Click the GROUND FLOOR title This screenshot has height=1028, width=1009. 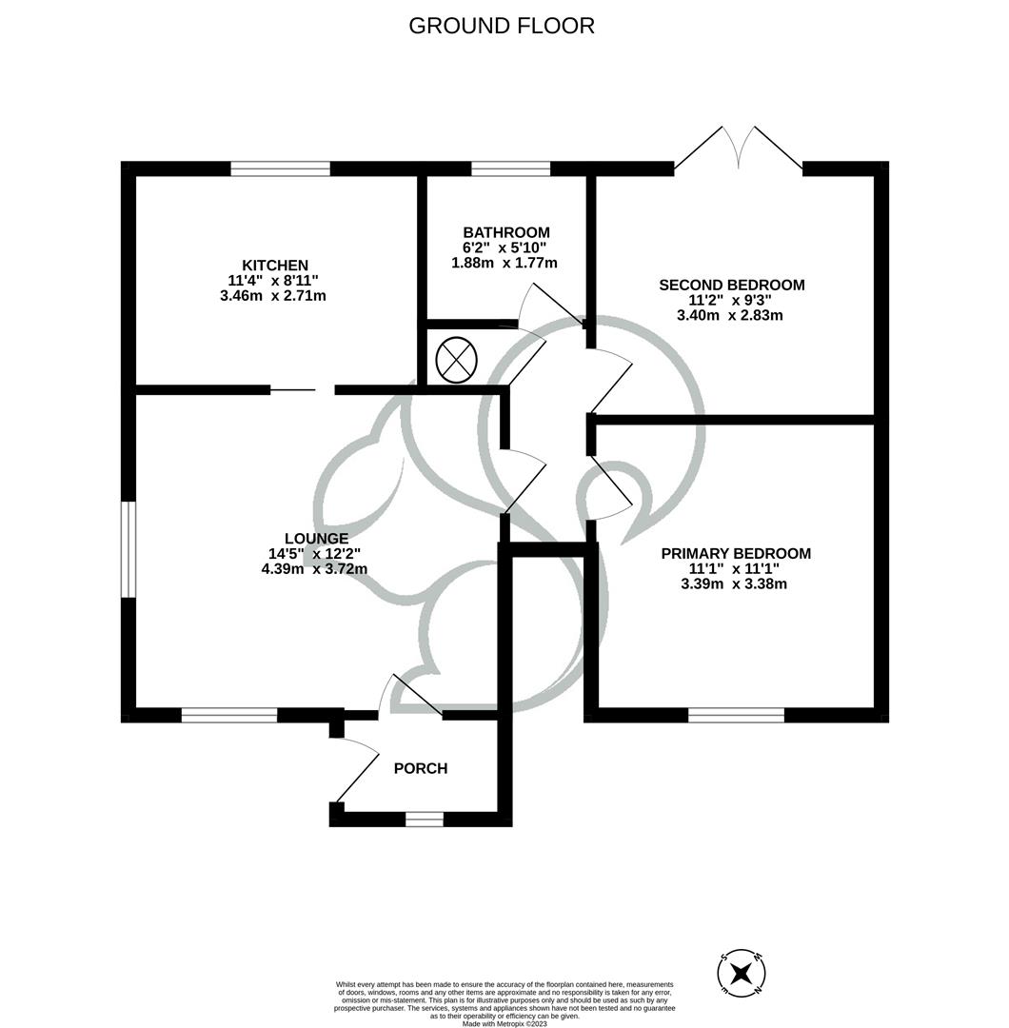coord(502,26)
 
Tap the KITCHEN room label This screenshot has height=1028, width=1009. coord(274,265)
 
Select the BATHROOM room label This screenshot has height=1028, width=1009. coord(505,232)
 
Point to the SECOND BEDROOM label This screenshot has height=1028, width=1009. coord(731,285)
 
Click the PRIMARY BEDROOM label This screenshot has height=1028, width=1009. coord(736,553)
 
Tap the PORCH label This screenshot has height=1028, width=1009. coord(420,768)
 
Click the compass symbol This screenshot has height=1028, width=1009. coord(742,973)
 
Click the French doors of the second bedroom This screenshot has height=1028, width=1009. coord(738,152)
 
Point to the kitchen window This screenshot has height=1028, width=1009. coord(280,169)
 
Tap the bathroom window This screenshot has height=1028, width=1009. coord(510,169)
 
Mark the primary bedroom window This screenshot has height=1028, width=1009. coord(736,715)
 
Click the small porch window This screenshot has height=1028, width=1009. coord(425,819)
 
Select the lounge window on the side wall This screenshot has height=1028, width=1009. coord(129,549)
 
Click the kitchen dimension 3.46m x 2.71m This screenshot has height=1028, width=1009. coord(272,296)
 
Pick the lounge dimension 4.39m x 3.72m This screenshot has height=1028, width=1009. coord(314,569)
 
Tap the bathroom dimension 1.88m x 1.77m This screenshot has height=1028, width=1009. coord(504,263)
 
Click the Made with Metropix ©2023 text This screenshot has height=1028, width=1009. coord(504,1023)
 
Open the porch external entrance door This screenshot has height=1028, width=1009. coord(355,769)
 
